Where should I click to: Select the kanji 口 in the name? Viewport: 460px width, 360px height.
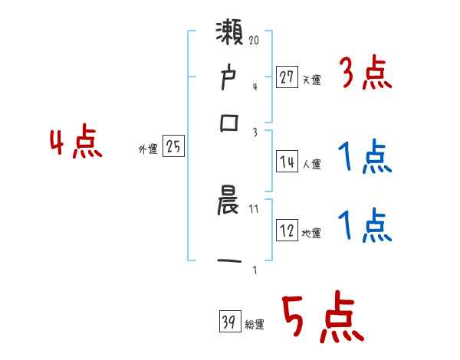click(x=230, y=123)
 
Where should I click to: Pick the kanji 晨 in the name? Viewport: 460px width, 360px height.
click(x=230, y=205)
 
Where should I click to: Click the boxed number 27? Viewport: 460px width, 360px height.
click(x=287, y=77)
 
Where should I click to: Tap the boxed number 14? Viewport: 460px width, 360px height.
click(x=287, y=162)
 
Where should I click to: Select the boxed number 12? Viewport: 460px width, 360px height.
click(x=287, y=231)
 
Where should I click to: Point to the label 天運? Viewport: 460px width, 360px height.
click(x=312, y=80)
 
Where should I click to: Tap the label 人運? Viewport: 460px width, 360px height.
click(x=312, y=164)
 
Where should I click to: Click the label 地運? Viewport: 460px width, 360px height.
click(x=312, y=234)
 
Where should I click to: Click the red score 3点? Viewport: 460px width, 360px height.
click(x=365, y=74)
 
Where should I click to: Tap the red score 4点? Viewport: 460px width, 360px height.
click(x=76, y=143)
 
